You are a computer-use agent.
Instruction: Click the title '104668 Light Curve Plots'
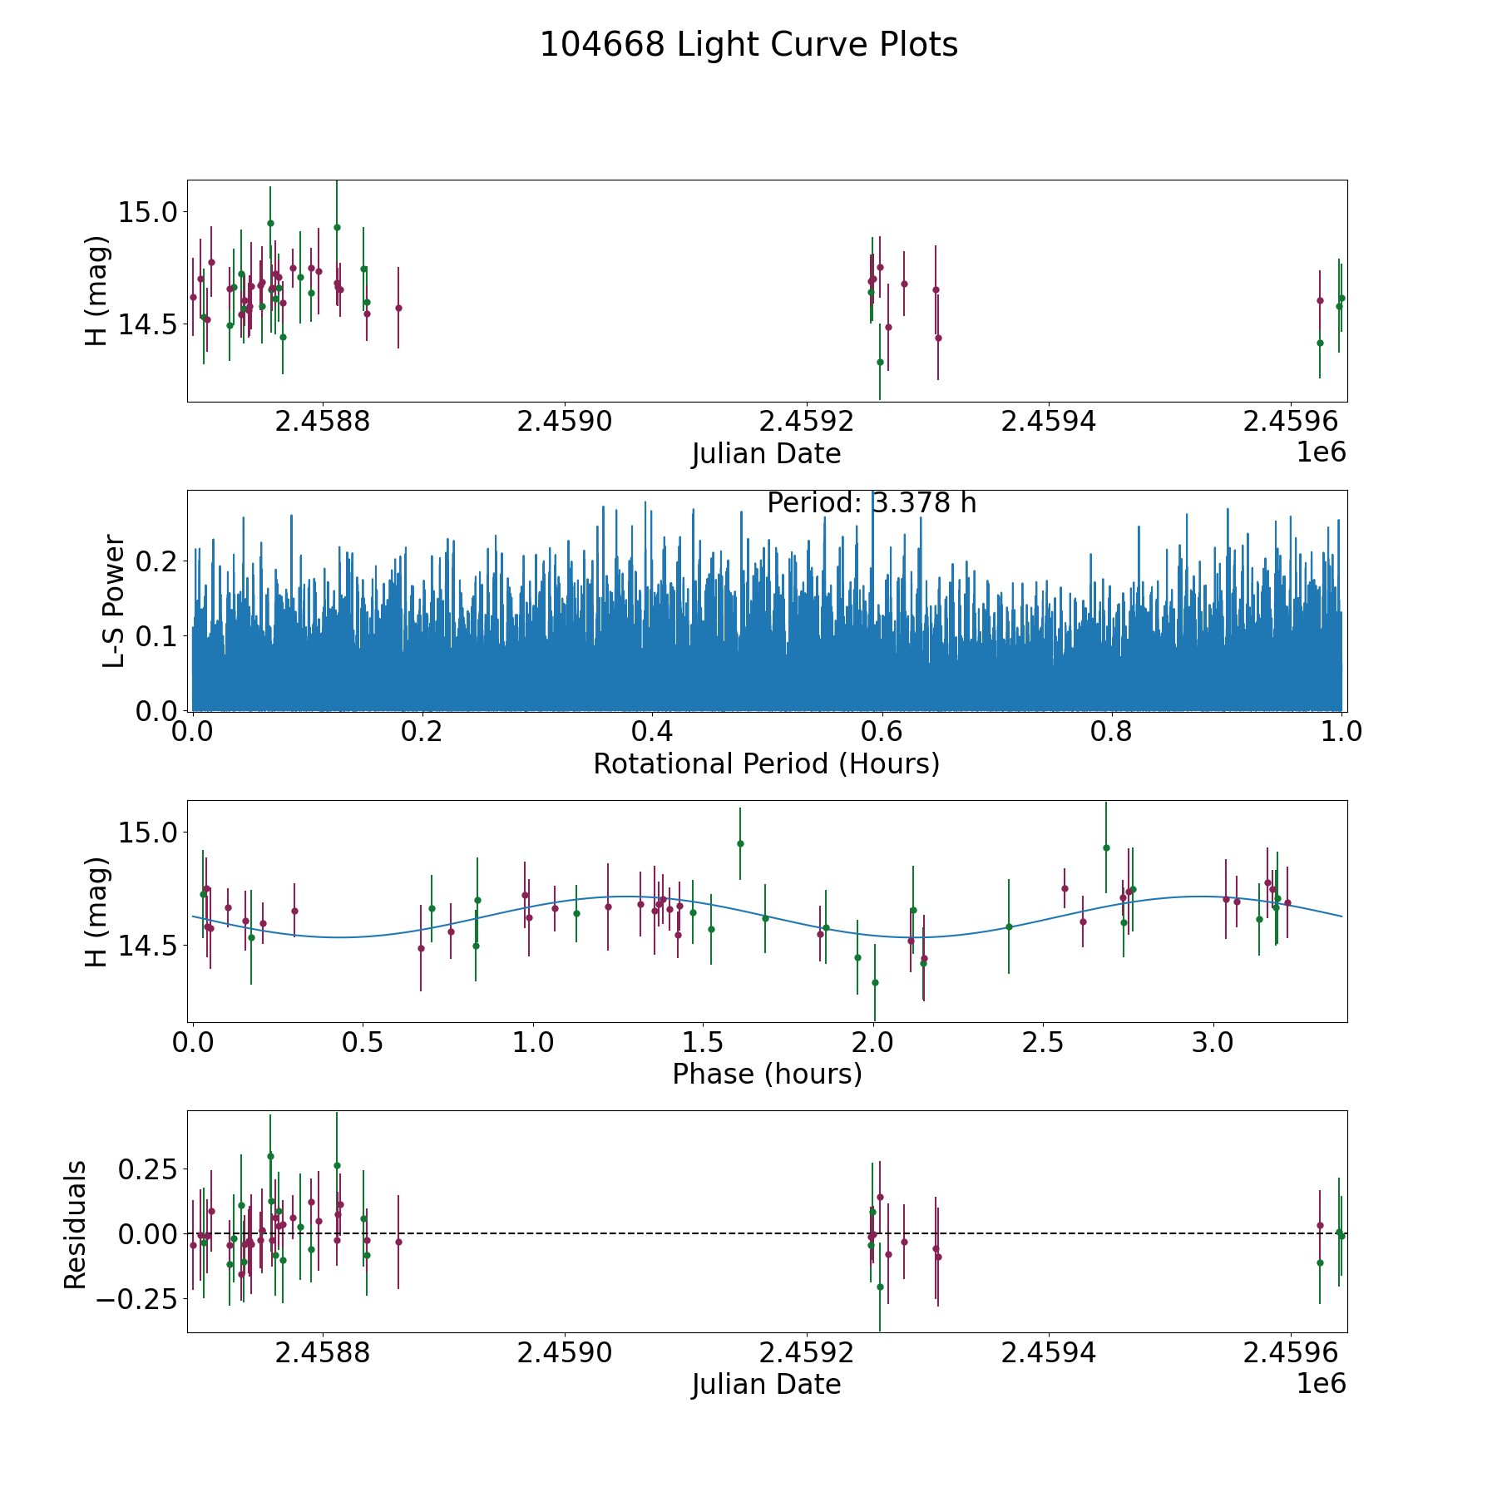click(x=748, y=45)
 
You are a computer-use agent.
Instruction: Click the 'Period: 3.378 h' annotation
click(x=872, y=503)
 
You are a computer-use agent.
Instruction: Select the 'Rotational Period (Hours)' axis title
click(x=766, y=763)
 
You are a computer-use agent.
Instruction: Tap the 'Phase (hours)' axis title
click(x=766, y=1074)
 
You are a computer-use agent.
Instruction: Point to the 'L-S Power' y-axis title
click(x=114, y=600)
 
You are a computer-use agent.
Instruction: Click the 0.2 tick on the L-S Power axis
click(x=158, y=561)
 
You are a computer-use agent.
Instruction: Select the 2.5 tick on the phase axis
click(x=1043, y=1043)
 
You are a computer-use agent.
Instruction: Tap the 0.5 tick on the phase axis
click(x=363, y=1043)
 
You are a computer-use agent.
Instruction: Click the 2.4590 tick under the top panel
click(x=564, y=422)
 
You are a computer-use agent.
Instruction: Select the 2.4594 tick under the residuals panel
click(x=1048, y=1353)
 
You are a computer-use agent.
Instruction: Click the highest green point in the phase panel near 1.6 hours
click(x=740, y=843)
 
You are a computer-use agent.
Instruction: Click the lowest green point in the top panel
click(x=880, y=362)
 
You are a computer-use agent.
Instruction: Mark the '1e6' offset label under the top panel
click(x=1321, y=452)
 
